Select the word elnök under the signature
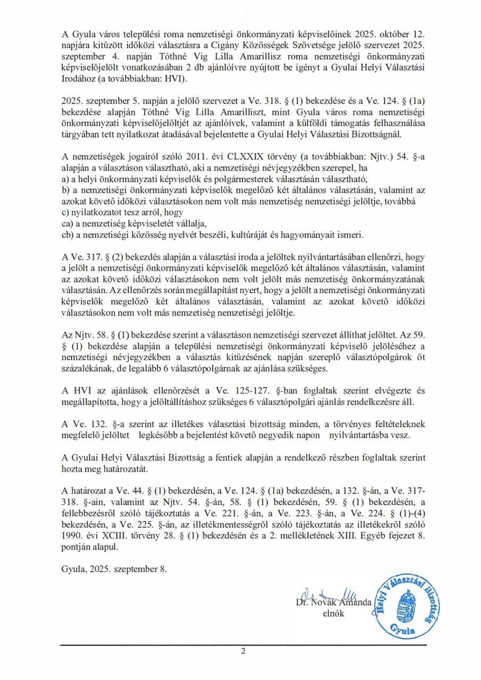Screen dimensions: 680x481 (334, 614)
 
